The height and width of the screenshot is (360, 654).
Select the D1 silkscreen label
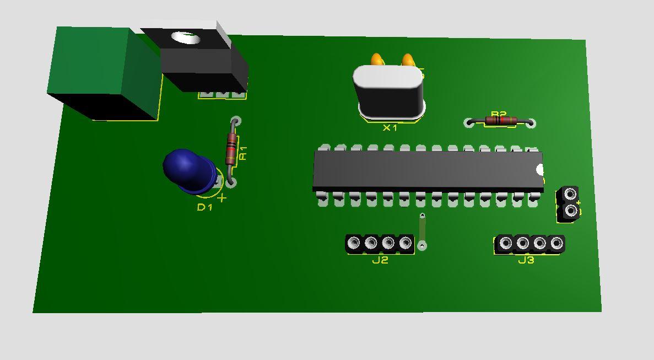click(204, 207)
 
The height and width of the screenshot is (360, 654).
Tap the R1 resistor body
click(231, 148)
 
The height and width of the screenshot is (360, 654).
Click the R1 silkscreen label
click(244, 153)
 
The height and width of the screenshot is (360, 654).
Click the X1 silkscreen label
click(390, 128)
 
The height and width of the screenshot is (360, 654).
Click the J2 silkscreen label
click(380, 260)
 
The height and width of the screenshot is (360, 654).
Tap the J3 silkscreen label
click(526, 260)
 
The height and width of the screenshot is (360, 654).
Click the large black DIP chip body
click(427, 171)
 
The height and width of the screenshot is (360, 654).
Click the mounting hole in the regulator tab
click(186, 38)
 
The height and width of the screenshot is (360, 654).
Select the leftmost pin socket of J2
click(354, 243)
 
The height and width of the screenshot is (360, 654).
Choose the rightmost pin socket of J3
click(556, 243)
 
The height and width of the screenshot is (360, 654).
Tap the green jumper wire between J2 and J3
click(422, 230)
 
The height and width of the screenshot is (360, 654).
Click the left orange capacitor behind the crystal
click(377, 60)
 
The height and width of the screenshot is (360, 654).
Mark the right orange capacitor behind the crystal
click(408, 60)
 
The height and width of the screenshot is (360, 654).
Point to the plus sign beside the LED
click(222, 197)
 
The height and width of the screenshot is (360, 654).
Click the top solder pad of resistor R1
click(235, 121)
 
